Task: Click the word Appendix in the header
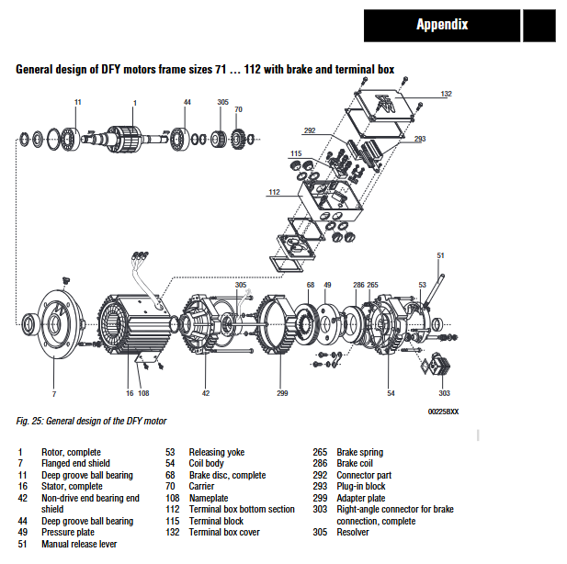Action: [442, 25]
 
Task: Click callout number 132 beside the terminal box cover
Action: [446, 94]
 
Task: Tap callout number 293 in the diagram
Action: [420, 139]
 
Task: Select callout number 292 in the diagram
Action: [310, 130]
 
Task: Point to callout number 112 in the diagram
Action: [274, 192]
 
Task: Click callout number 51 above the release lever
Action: [440, 255]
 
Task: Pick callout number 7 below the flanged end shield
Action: [53, 393]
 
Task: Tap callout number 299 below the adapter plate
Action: [282, 393]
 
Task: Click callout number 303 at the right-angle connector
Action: [445, 393]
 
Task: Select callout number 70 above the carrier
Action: [238, 109]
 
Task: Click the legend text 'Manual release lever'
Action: [80, 544]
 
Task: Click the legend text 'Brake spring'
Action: [359, 452]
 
